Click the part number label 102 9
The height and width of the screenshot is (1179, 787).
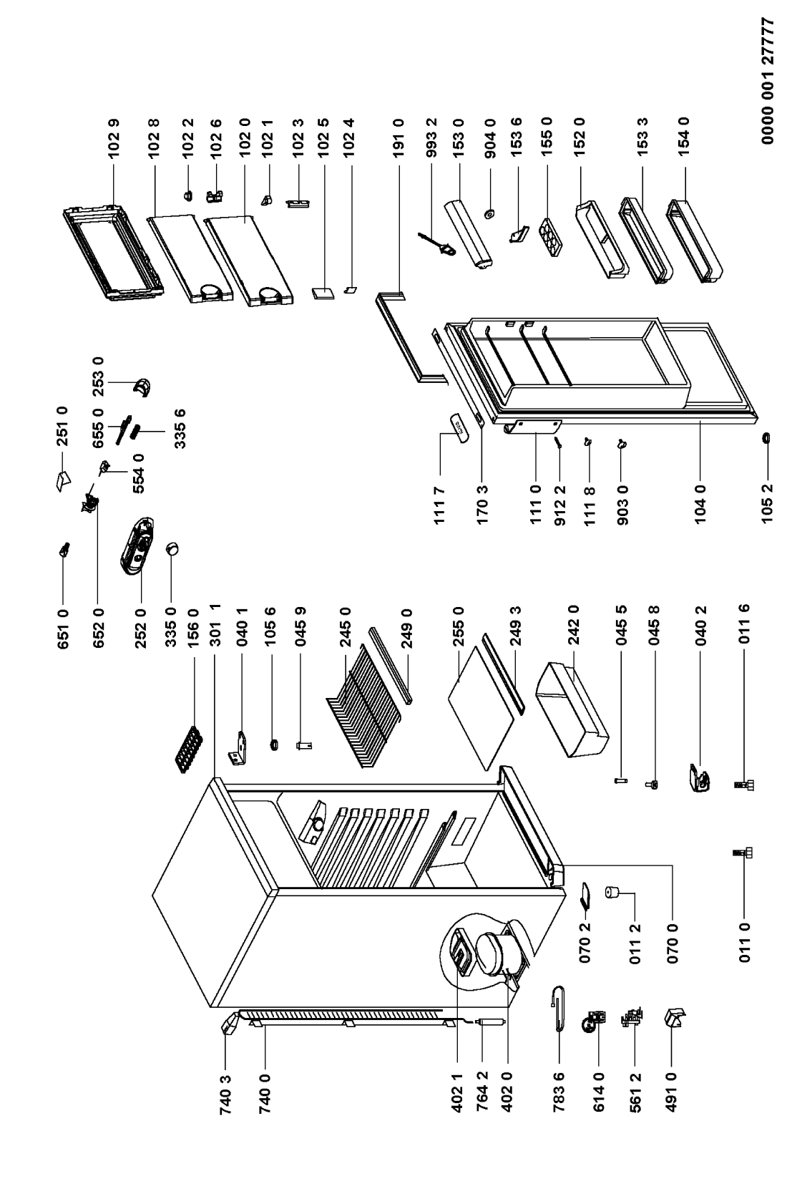point(114,136)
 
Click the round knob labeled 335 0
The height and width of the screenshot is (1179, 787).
point(172,549)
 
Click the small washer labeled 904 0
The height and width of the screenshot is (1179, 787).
point(489,213)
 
